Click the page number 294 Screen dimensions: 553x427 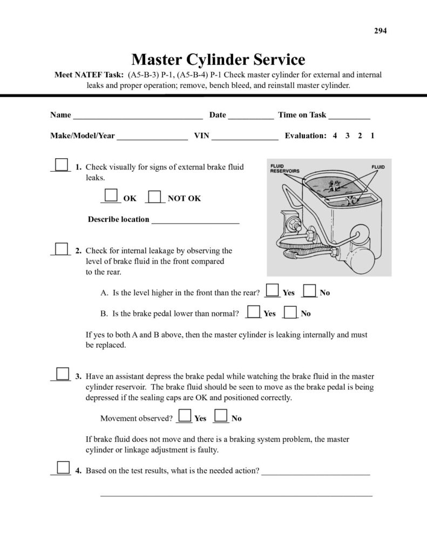(x=381, y=30)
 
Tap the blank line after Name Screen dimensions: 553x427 (x=138, y=116)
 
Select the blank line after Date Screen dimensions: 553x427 (x=250, y=116)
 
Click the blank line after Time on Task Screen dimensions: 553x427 (x=349, y=116)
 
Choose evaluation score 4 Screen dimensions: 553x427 (x=335, y=136)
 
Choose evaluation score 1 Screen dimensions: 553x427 (x=372, y=136)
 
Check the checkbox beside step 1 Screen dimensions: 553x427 (x=62, y=165)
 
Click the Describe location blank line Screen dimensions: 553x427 (x=195, y=220)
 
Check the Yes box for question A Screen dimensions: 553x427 (x=273, y=291)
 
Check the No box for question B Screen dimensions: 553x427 (x=290, y=311)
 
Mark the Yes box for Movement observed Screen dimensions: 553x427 (x=185, y=416)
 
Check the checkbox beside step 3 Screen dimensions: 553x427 (x=62, y=374)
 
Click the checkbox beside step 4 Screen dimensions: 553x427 (x=62, y=468)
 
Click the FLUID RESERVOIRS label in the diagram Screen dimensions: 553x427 (x=284, y=169)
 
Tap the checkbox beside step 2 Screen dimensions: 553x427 (x=62, y=249)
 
